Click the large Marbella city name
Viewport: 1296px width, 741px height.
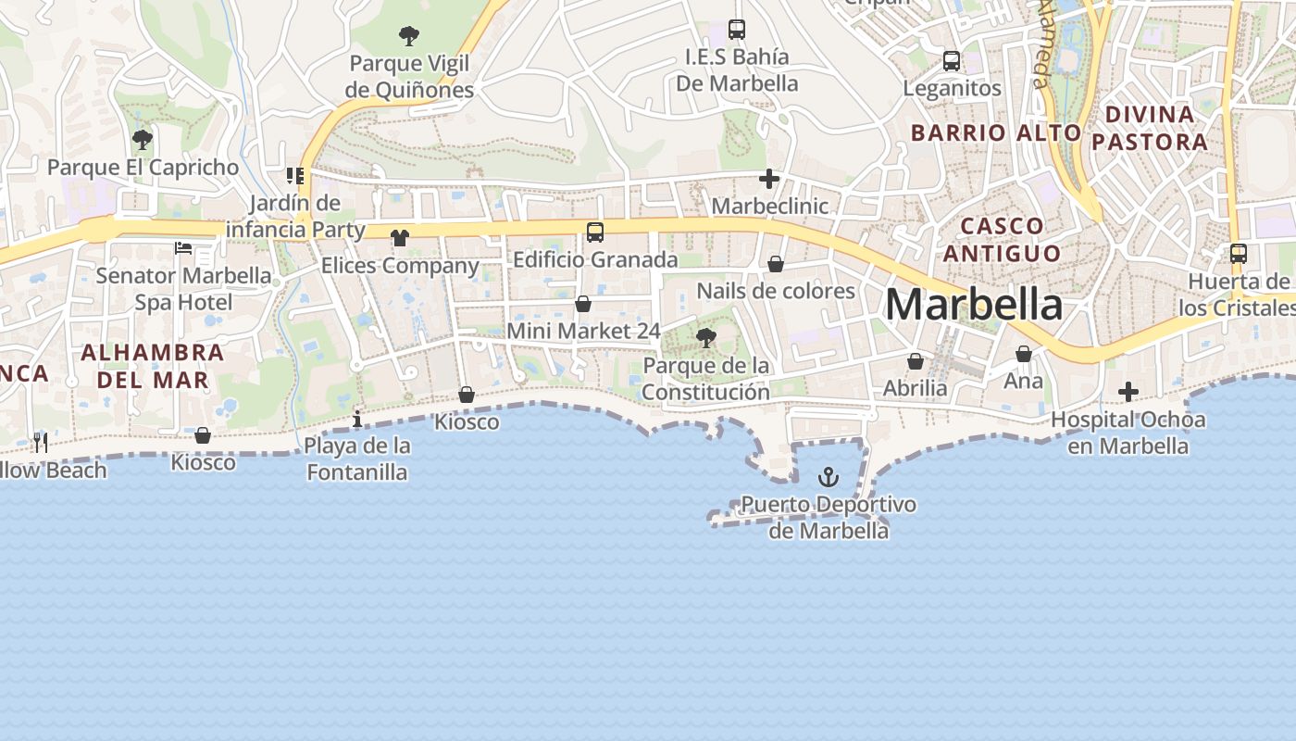[x=974, y=305]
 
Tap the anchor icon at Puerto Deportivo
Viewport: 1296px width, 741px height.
[x=829, y=478]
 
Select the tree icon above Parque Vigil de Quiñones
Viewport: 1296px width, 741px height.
[x=409, y=37]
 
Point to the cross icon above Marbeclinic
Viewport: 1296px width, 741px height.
[x=769, y=179]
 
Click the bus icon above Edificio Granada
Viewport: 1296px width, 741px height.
[x=595, y=232]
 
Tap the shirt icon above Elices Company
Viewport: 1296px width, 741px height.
[x=400, y=238]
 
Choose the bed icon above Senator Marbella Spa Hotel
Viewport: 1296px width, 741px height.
[x=183, y=248]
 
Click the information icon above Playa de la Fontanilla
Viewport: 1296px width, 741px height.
[x=357, y=420]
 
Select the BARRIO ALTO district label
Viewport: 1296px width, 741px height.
[x=996, y=132]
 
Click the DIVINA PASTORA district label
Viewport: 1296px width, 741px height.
[x=1156, y=128]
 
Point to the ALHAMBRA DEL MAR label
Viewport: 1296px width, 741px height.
[x=153, y=366]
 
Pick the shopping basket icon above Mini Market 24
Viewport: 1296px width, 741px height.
[x=583, y=304]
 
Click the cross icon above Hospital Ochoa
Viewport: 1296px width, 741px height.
[x=1128, y=393]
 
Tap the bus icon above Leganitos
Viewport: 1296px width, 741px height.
[x=952, y=61]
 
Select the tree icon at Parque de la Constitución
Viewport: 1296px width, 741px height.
[x=706, y=338]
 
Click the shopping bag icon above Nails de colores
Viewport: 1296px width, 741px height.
[x=776, y=265]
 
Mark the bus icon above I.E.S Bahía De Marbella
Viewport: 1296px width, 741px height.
[x=737, y=30]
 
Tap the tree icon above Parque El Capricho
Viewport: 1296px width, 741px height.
[x=143, y=141]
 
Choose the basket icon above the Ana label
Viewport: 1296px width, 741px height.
[x=1024, y=354]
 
